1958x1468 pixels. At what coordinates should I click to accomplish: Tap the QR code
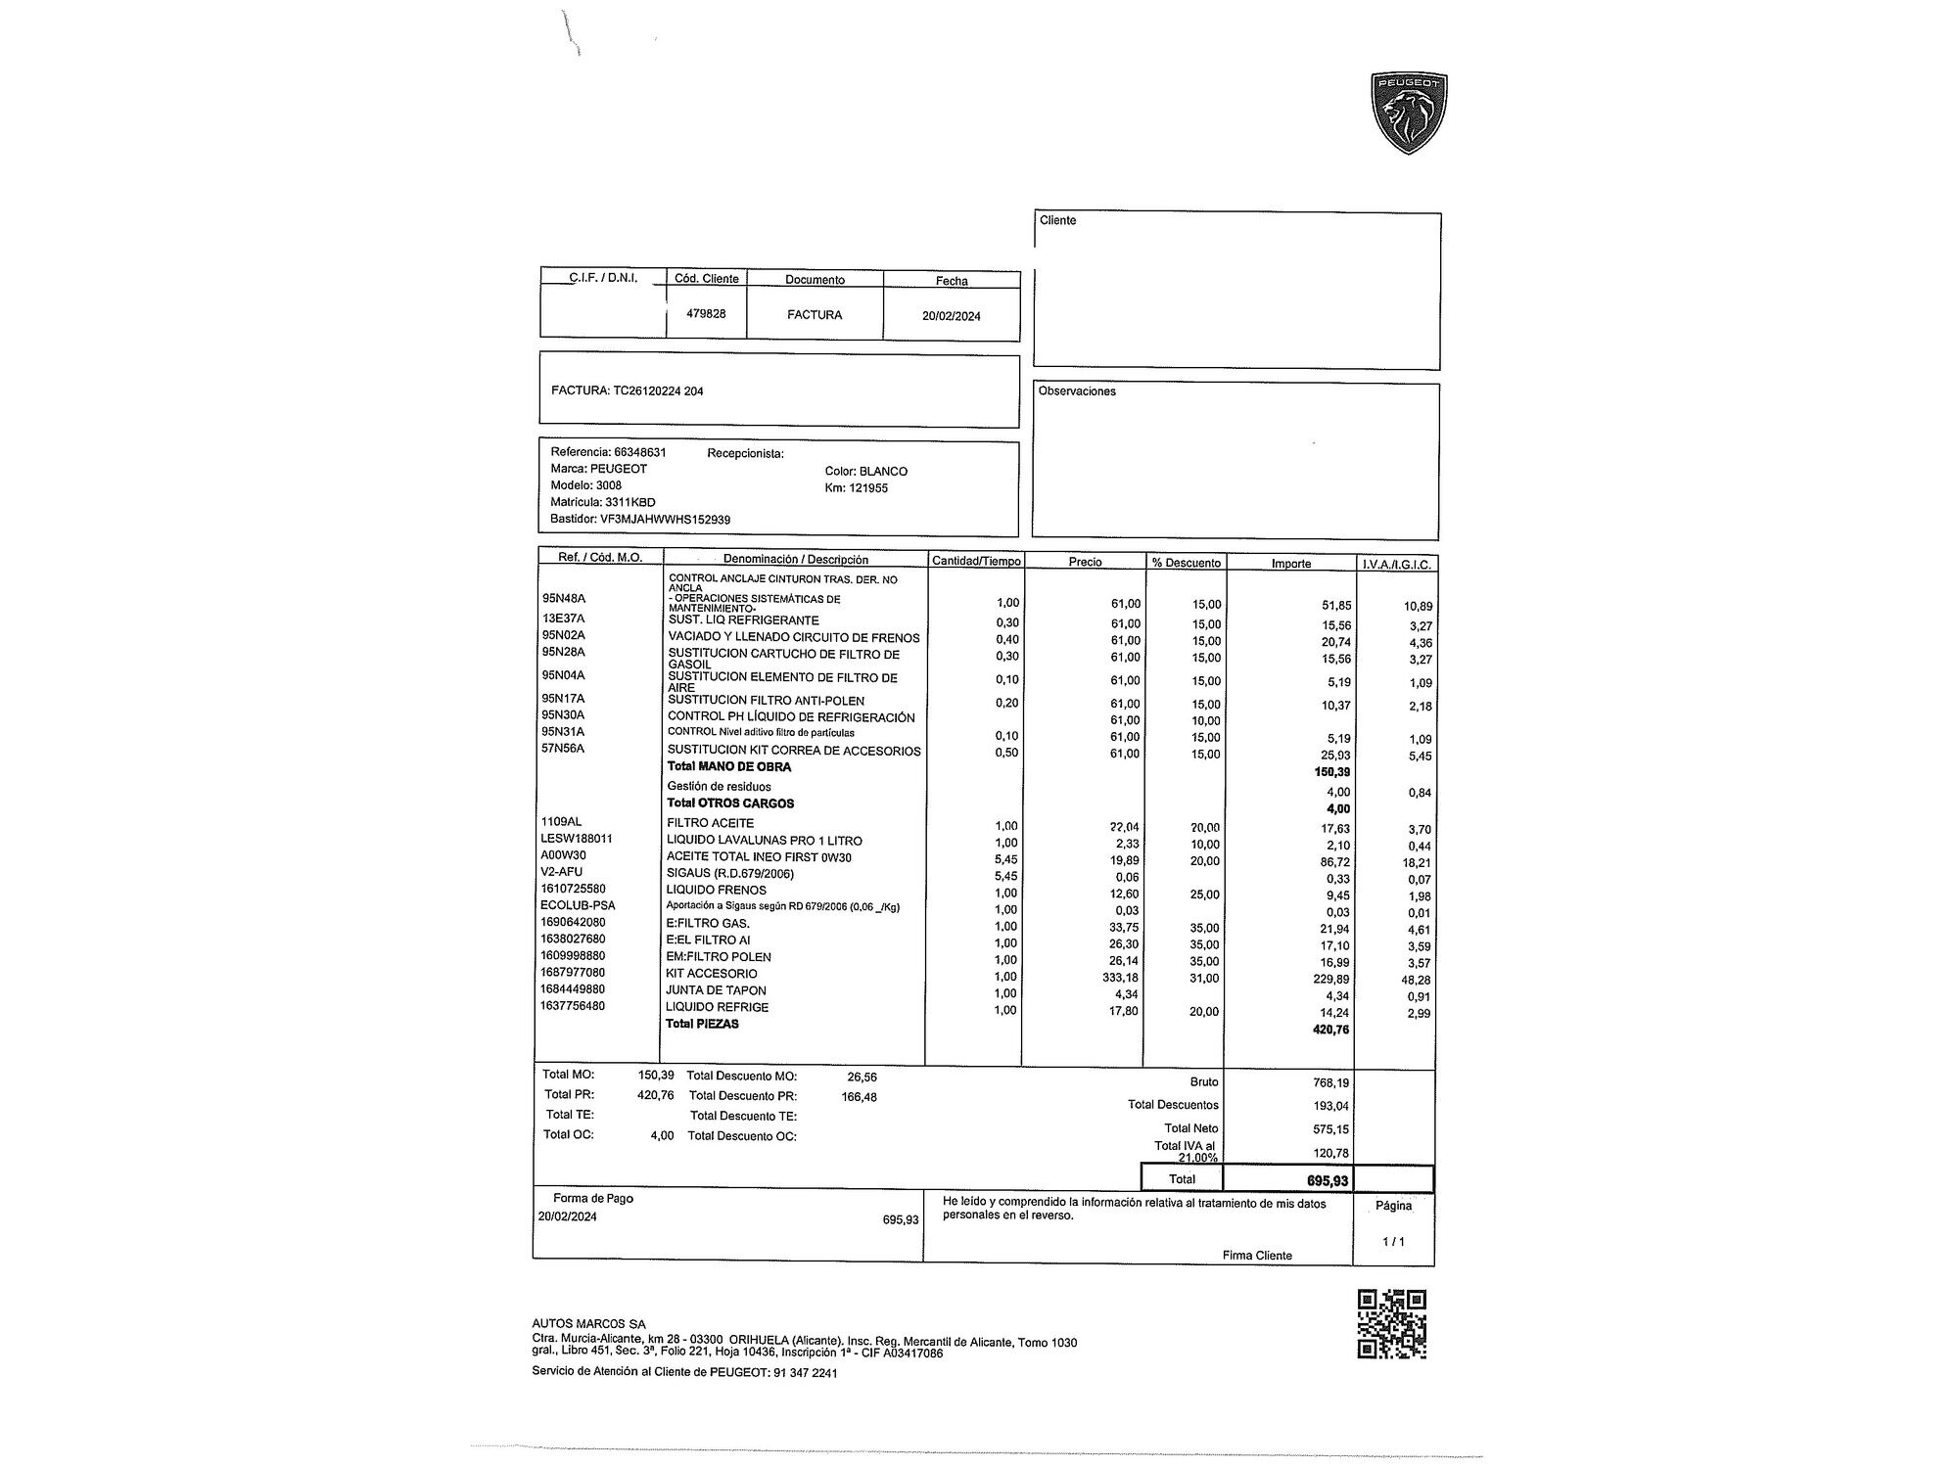pos(1391,1324)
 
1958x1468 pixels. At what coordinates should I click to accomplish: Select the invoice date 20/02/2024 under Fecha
pos(951,316)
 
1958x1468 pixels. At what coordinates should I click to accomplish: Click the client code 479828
pos(706,314)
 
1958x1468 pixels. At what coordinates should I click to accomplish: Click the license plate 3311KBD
pos(629,502)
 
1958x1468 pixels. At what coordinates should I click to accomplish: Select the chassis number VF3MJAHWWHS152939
pos(665,520)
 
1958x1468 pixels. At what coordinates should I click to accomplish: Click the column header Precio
pos(1085,562)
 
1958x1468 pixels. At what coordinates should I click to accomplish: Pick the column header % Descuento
pos(1186,563)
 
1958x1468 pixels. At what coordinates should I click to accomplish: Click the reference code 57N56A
pos(563,749)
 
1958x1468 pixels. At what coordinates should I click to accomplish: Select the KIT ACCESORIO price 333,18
pos(1120,977)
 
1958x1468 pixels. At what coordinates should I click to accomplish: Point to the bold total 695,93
pos(1327,1180)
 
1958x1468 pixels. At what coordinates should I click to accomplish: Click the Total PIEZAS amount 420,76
pos(1330,1030)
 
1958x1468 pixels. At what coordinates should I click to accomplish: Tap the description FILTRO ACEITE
pos(710,823)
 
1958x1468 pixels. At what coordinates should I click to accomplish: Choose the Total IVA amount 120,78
pos(1330,1153)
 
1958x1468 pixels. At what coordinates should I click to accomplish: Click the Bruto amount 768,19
pos(1330,1082)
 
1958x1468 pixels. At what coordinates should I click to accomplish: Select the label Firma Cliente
pos(1257,1256)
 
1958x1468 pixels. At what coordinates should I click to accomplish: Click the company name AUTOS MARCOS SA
pos(588,1324)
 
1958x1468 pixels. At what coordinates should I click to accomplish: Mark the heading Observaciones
pos(1077,391)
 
